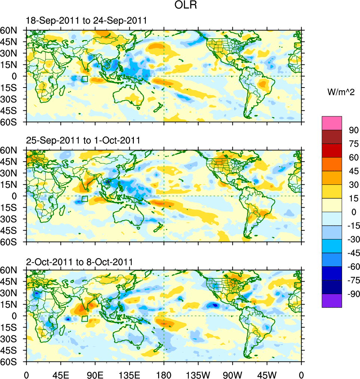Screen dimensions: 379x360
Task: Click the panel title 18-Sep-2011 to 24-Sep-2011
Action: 86,21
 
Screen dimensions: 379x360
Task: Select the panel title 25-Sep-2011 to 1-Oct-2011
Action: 83,141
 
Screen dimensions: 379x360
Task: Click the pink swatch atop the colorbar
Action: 332,123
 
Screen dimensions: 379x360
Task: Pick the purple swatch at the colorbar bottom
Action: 332,300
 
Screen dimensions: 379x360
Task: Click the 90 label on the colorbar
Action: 354,130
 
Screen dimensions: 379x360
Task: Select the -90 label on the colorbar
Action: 352,294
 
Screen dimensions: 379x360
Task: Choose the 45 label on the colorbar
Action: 354,171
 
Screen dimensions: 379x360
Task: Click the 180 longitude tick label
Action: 164,374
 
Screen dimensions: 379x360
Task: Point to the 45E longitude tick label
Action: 60,374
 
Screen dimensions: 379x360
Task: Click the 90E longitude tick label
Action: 95,374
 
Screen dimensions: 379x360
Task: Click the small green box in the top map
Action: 84,79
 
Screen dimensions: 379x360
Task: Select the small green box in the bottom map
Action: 84,319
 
